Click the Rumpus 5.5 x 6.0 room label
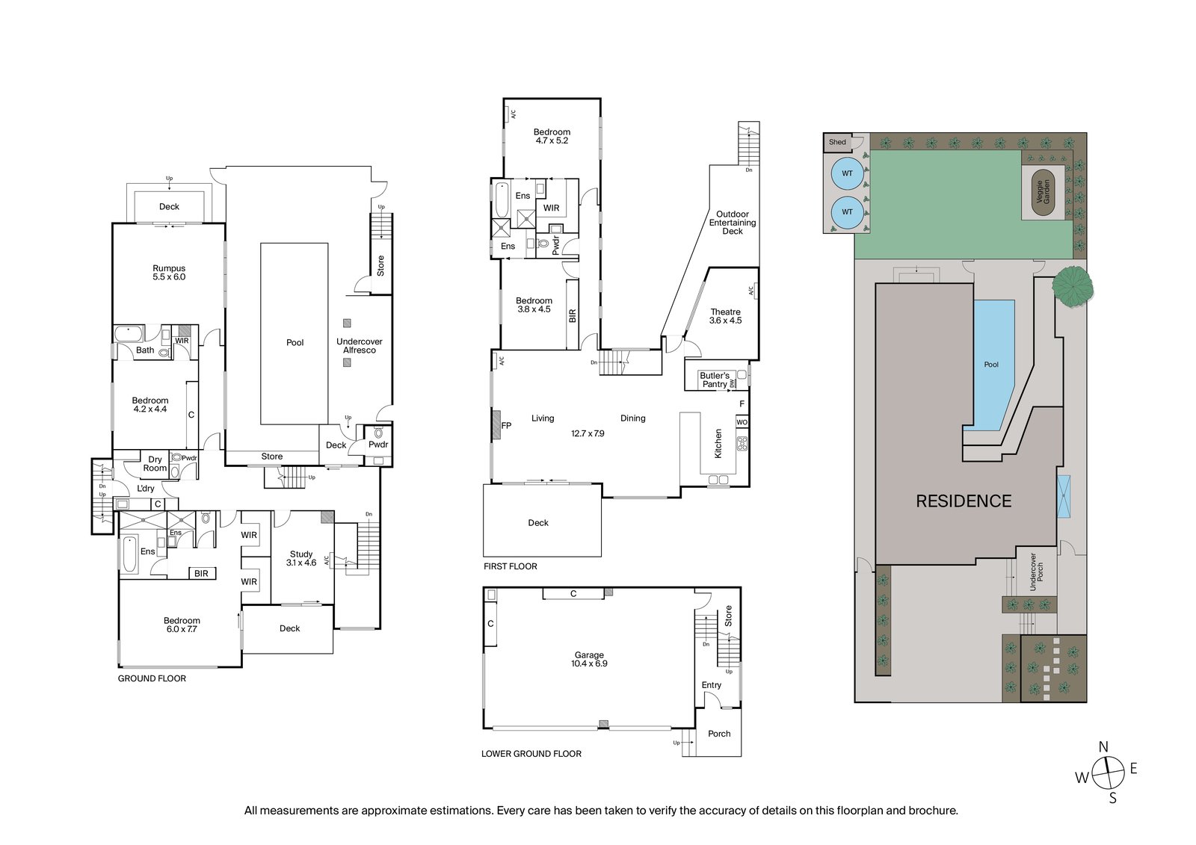[169, 273]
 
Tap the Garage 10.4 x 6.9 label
[589, 659]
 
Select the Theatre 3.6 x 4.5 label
[725, 316]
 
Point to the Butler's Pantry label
[714, 380]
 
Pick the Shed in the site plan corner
[837, 142]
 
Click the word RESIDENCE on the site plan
[964, 501]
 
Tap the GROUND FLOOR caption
[152, 678]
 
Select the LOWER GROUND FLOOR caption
[531, 754]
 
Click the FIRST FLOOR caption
[510, 566]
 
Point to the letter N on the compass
[1103, 747]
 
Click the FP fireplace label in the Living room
[506, 426]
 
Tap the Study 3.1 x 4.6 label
[301, 559]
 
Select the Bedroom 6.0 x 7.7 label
[182, 625]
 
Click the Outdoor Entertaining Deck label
[733, 223]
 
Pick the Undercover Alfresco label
[359, 346]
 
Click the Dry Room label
[155, 464]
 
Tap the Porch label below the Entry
[719, 734]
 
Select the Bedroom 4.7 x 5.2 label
[552, 136]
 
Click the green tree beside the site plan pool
[1073, 285]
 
